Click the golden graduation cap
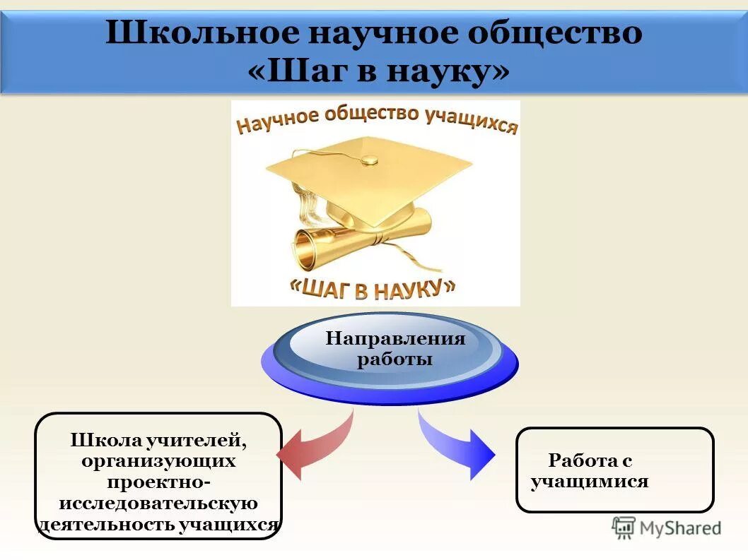(368, 180)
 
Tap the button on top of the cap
(368, 160)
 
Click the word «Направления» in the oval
(395, 339)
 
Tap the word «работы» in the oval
(395, 359)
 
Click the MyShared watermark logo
(667, 527)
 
